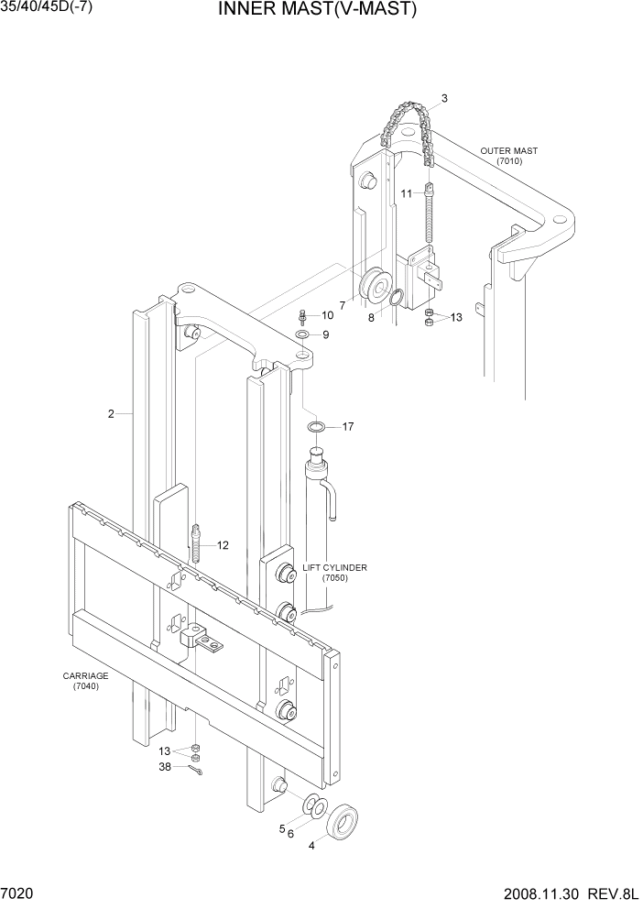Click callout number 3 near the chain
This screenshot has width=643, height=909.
(x=444, y=98)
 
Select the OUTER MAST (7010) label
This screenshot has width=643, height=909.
(x=509, y=156)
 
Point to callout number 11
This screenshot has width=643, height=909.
(x=406, y=193)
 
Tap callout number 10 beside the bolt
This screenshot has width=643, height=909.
(x=327, y=315)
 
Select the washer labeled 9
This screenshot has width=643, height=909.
(x=303, y=335)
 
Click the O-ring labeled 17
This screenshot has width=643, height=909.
(x=315, y=427)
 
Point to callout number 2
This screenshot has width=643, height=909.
(x=111, y=413)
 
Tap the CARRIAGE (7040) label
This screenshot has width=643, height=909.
(x=85, y=681)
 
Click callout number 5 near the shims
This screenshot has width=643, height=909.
(x=282, y=828)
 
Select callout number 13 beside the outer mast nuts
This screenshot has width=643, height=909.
(x=456, y=317)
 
